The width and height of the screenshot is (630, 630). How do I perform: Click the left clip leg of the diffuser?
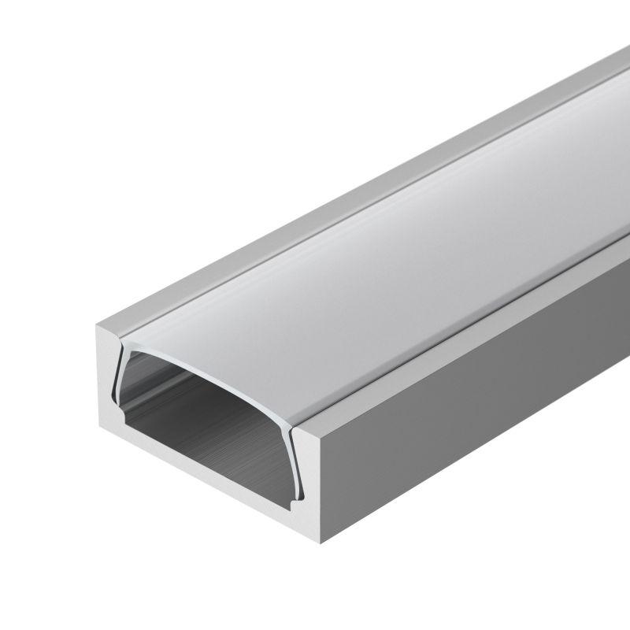coord(117,378)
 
